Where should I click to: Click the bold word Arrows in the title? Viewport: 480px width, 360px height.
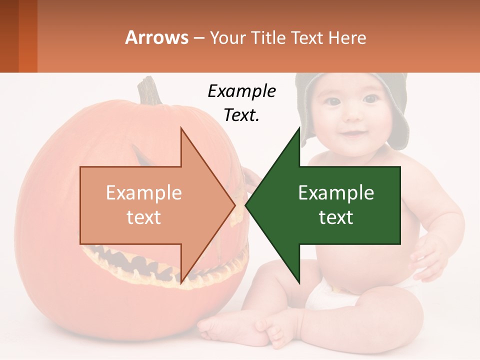pyautogui.click(x=156, y=37)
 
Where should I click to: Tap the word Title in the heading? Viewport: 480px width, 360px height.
pyautogui.click(x=268, y=37)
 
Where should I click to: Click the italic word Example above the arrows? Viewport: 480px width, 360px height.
pyautogui.click(x=241, y=91)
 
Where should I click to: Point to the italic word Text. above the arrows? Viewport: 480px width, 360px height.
pyautogui.click(x=241, y=115)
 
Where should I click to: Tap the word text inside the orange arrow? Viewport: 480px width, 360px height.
pyautogui.click(x=143, y=217)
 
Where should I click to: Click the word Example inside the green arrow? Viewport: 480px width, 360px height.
pyautogui.click(x=336, y=192)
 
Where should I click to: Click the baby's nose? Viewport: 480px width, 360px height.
pyautogui.click(x=351, y=116)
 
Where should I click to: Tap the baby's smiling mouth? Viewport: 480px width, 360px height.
pyautogui.click(x=352, y=134)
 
